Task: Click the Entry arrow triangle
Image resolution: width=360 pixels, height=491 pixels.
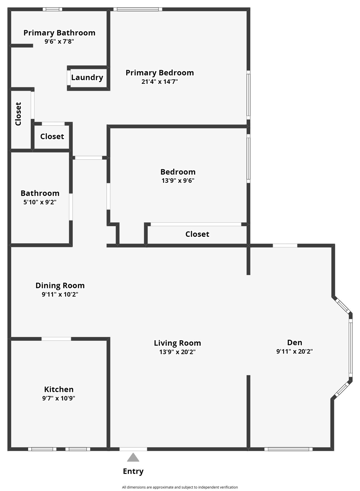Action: coord(133,457)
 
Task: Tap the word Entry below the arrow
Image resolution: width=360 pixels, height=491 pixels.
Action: coord(133,472)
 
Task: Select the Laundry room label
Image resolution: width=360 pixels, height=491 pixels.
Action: coord(87,78)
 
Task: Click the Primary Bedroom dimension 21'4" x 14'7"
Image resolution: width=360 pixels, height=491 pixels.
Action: coord(160,82)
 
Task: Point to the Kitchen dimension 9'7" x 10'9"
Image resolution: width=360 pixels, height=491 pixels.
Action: coord(59,398)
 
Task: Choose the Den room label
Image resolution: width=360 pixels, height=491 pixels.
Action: coord(295,343)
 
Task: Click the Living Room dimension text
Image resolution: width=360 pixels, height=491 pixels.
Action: coord(177,352)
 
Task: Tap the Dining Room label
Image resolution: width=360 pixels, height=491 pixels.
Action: coord(60,286)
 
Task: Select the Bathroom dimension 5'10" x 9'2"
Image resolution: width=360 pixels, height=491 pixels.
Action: coord(40,202)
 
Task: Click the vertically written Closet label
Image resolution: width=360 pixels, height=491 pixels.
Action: coord(18,114)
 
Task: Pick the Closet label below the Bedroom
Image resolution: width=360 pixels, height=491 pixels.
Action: coord(197,234)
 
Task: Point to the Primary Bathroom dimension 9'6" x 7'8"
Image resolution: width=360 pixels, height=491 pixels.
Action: coord(59,42)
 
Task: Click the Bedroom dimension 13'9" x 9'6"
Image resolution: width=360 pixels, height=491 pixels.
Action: coord(178,181)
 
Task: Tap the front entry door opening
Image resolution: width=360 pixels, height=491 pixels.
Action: coord(133,449)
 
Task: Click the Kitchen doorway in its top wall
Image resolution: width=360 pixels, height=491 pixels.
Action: coord(56,339)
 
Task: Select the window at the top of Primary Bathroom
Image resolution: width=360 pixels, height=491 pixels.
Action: coord(53,9)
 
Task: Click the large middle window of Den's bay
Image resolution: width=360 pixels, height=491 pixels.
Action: coord(350,349)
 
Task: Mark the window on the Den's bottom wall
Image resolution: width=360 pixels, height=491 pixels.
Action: coord(289,449)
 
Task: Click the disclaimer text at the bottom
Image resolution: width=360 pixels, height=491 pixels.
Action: coord(180,487)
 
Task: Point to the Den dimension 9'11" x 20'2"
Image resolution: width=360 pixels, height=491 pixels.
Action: coord(295,351)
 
